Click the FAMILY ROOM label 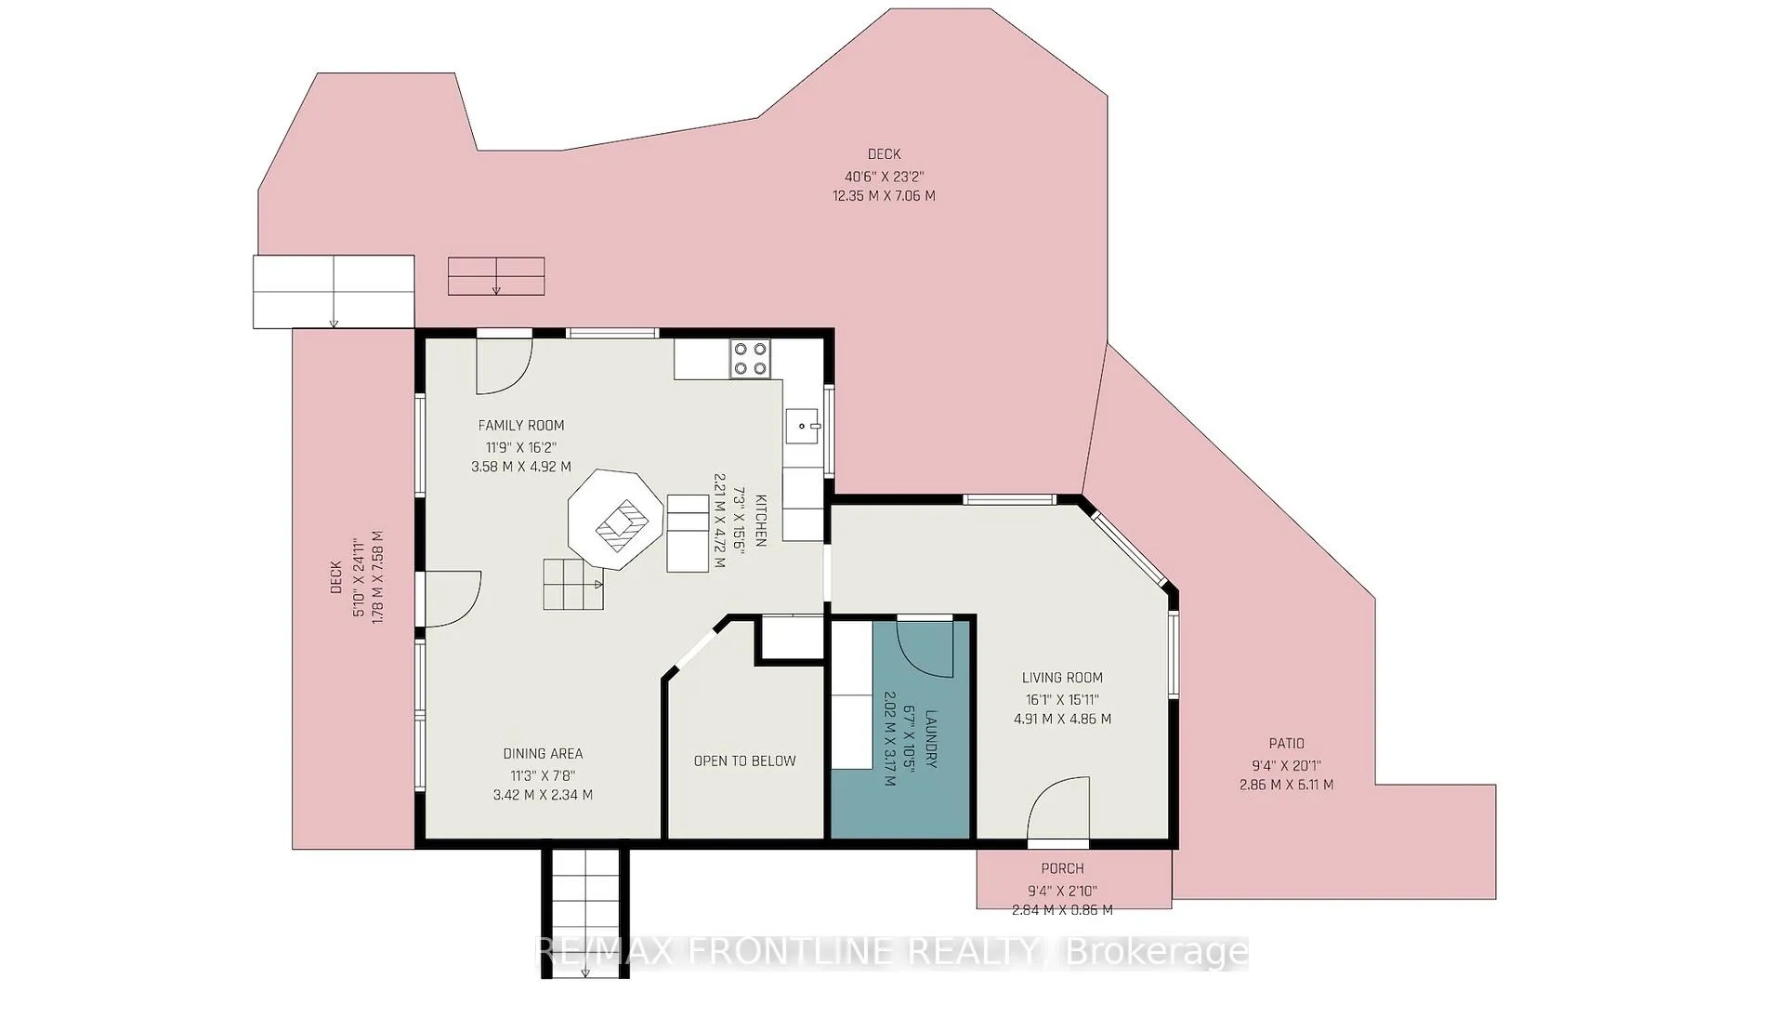pos(521,426)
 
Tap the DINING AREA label pos(543,754)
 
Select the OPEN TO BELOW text pos(745,761)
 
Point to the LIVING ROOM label pos(1062,679)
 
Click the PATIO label pos(1287,744)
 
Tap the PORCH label pos(1062,868)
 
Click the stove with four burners pos(751,359)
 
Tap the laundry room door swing pos(925,648)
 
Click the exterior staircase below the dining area pos(586,912)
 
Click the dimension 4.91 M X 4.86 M pos(1062,719)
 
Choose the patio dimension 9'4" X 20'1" pos(1287,766)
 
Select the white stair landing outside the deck pos(334,291)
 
